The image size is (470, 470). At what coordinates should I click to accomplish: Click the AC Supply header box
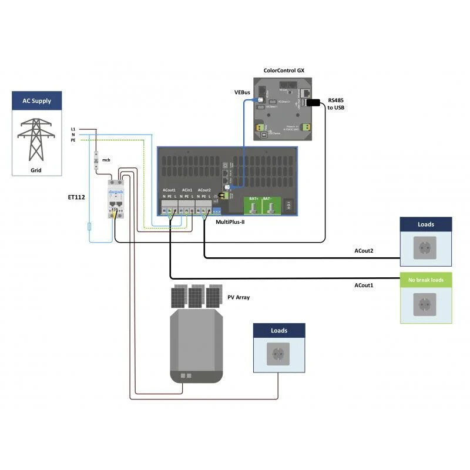(36, 100)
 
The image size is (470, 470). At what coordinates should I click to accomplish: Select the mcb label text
(106, 159)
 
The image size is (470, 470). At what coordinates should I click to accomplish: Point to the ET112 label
(76, 198)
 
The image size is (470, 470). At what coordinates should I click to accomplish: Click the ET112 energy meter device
(116, 199)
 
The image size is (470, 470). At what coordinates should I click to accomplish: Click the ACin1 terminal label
(187, 190)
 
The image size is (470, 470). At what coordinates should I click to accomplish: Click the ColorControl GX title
(284, 70)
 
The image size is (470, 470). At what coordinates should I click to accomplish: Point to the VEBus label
(242, 92)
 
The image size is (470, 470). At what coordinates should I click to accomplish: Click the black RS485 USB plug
(313, 103)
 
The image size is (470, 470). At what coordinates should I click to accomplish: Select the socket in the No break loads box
(425, 304)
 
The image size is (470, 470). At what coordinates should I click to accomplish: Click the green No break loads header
(426, 280)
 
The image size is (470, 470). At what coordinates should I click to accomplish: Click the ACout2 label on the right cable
(364, 251)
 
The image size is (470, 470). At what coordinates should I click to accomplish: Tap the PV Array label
(239, 297)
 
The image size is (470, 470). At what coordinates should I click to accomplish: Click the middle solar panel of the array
(197, 296)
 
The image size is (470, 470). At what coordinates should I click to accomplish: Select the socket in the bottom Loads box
(278, 354)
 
